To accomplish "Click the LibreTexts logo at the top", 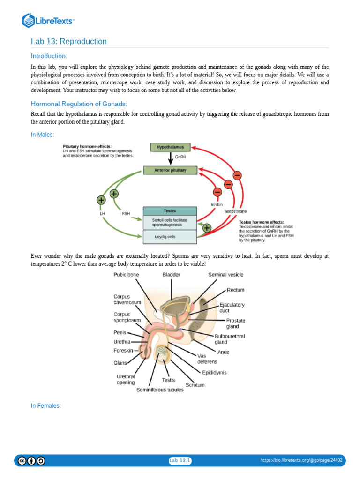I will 49,21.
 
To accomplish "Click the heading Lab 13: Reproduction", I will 69,42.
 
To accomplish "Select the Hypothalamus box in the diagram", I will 170,147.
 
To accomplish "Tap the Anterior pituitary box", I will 170,170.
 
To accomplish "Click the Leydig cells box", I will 170,237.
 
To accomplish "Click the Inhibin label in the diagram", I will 216,205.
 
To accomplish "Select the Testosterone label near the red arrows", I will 235,211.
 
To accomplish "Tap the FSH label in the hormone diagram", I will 126,213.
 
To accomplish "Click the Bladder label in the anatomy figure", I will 171,274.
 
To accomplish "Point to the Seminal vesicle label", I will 226,274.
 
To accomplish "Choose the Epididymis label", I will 214,372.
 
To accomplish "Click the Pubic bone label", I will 126,274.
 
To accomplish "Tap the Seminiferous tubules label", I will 160,390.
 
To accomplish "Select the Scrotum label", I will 195,385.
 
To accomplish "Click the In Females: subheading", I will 46,405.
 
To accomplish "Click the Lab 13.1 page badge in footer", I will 180,461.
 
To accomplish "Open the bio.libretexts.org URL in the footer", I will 301,460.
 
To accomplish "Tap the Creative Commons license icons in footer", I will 32,461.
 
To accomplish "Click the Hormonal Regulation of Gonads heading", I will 79,104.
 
